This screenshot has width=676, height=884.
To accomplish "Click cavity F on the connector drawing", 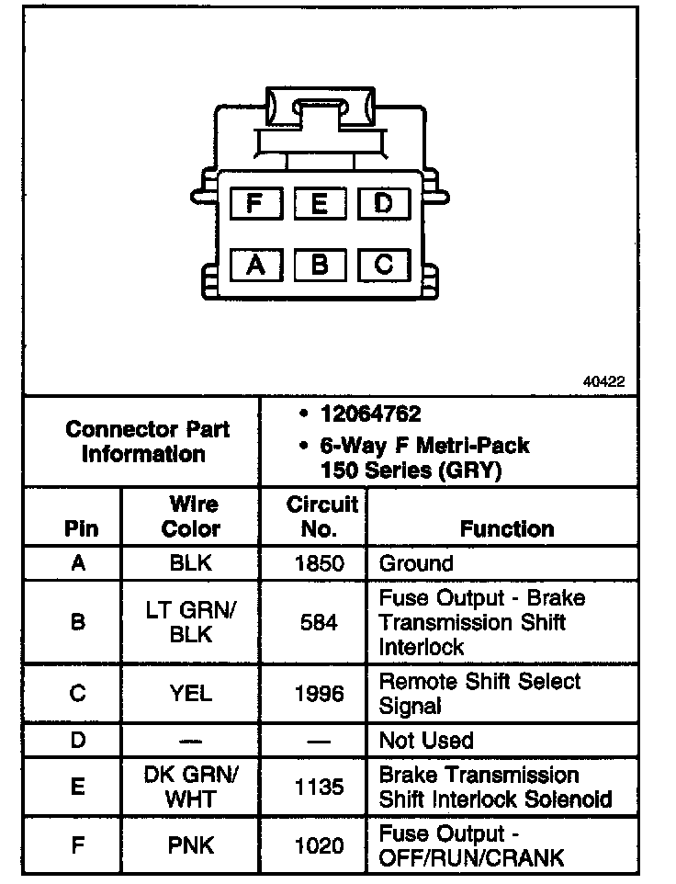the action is pyautogui.click(x=254, y=203).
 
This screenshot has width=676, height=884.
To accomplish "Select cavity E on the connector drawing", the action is pyautogui.click(x=319, y=203).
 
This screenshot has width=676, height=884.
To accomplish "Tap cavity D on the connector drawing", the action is pyautogui.click(x=383, y=203).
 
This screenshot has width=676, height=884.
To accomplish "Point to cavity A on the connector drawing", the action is pyautogui.click(x=254, y=265).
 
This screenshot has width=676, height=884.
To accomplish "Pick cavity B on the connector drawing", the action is pyautogui.click(x=319, y=265).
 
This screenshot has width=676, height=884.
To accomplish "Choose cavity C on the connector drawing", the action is pyautogui.click(x=383, y=265).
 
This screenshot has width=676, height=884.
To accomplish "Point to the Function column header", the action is pyautogui.click(x=507, y=528).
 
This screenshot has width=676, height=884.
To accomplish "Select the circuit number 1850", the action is pyautogui.click(x=320, y=563).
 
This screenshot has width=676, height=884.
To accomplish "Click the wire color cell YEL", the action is pyautogui.click(x=191, y=693).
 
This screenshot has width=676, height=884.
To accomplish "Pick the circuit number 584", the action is pyautogui.click(x=320, y=622).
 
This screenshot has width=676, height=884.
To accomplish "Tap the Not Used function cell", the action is pyautogui.click(x=426, y=740).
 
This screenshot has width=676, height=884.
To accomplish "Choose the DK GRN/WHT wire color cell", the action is pyautogui.click(x=191, y=787).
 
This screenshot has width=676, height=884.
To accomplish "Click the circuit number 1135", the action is pyautogui.click(x=320, y=787).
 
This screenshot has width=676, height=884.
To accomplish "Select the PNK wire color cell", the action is pyautogui.click(x=191, y=845).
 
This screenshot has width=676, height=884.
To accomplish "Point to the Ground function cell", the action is pyautogui.click(x=416, y=563).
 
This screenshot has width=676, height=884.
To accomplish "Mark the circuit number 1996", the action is pyautogui.click(x=320, y=693).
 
